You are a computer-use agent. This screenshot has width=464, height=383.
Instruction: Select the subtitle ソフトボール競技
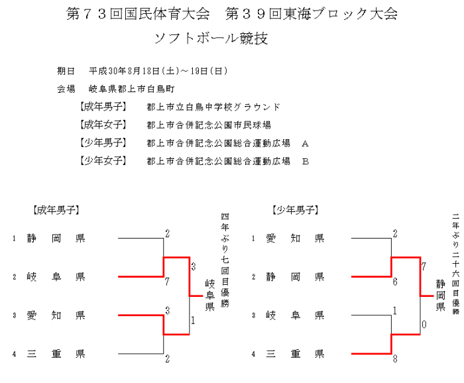click(211, 38)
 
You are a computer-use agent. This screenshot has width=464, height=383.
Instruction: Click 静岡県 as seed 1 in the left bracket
click(56, 238)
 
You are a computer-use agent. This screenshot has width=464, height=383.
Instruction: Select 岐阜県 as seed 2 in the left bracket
click(56, 276)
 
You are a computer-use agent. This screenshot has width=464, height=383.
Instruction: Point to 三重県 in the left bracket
click(56, 354)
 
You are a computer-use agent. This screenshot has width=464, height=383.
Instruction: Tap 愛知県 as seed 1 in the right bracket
click(295, 238)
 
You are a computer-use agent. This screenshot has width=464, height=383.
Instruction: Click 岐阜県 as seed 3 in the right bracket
click(295, 315)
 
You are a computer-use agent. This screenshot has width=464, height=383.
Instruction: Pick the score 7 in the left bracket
click(167, 282)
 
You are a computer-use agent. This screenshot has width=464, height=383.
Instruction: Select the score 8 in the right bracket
click(395, 360)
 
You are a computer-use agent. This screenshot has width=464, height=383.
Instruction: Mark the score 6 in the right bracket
click(395, 282)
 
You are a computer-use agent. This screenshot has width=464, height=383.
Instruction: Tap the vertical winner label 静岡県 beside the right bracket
click(439, 296)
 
